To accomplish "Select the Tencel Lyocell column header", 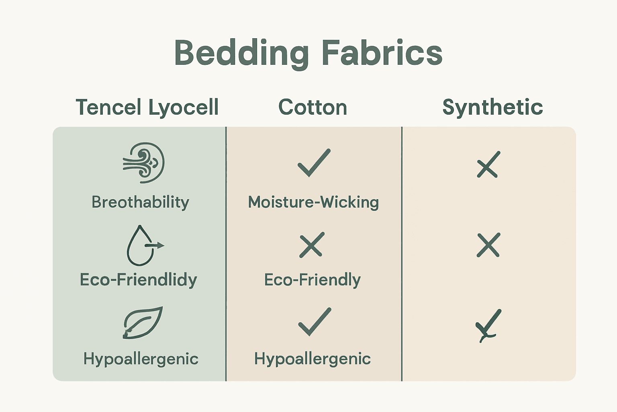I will [x=147, y=107].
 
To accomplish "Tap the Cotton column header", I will [x=313, y=107].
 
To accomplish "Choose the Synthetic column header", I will [x=492, y=107].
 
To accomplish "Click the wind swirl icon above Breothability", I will [x=144, y=163].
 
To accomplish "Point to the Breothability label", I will [x=140, y=202].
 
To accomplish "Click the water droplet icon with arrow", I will [x=143, y=245].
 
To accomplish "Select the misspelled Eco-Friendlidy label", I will [x=139, y=280].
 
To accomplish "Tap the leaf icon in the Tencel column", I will [x=143, y=323].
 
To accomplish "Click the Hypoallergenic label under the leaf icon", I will [x=141, y=358].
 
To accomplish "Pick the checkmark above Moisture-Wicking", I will [x=314, y=163].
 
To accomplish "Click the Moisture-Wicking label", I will [x=313, y=202].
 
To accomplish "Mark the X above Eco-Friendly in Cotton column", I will [x=312, y=245].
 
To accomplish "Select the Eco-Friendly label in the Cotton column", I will [x=313, y=280].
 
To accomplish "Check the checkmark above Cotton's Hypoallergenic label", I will [x=315, y=322].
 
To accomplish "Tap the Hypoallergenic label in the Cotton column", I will [x=313, y=358].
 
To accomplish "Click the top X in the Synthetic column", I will [x=488, y=165].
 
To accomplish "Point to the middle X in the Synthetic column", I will [x=488, y=245].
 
